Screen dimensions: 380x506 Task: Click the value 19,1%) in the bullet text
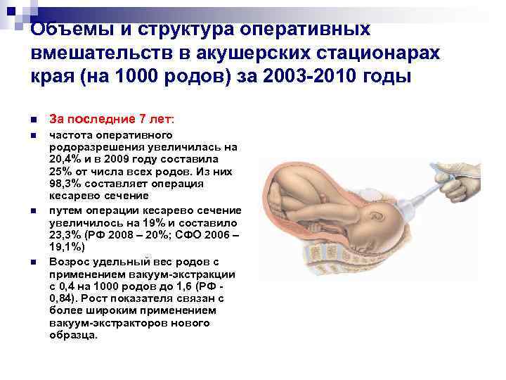tap(67, 248)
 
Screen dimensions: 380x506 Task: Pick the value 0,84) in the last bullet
tap(66, 298)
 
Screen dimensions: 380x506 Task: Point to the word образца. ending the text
tap(74, 336)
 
